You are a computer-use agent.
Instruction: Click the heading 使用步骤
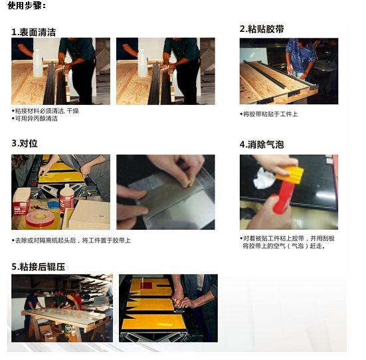(x=27, y=5)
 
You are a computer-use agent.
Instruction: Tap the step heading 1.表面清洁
(x=34, y=33)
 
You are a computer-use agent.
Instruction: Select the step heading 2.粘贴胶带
(x=262, y=29)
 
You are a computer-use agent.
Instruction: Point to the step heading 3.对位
(x=25, y=143)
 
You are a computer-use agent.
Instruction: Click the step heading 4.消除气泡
(x=262, y=145)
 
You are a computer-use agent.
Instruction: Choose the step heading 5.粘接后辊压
(x=39, y=266)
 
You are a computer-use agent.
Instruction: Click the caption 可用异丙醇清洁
(x=35, y=119)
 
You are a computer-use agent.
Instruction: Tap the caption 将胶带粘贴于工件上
(x=268, y=114)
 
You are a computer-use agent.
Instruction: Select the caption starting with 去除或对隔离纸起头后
(x=71, y=240)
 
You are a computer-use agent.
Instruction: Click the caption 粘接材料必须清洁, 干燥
(x=45, y=111)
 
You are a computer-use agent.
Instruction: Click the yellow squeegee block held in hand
(x=289, y=173)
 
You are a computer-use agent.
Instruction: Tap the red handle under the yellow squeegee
(x=283, y=195)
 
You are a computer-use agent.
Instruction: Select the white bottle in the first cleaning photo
(x=38, y=62)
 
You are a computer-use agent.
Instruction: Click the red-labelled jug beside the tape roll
(x=67, y=197)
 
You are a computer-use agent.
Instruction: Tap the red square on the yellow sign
(x=147, y=286)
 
